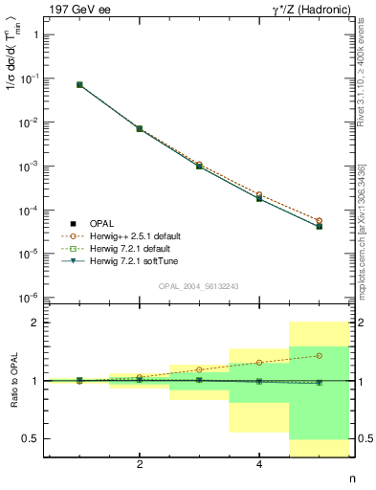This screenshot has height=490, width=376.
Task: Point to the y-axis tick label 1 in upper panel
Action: pyautogui.click(x=35, y=34)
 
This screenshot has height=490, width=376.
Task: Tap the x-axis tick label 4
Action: pyautogui.click(x=259, y=465)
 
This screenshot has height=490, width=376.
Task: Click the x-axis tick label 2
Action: pyautogui.click(x=140, y=465)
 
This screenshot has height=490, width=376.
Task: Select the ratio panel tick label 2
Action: pyautogui.click(x=35, y=323)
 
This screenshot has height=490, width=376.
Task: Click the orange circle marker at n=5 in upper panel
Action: pyautogui.click(x=319, y=220)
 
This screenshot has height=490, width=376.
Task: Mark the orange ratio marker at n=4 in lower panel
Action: pyautogui.click(x=259, y=363)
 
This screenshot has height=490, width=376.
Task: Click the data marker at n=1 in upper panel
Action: pyautogui.click(x=79, y=84)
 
